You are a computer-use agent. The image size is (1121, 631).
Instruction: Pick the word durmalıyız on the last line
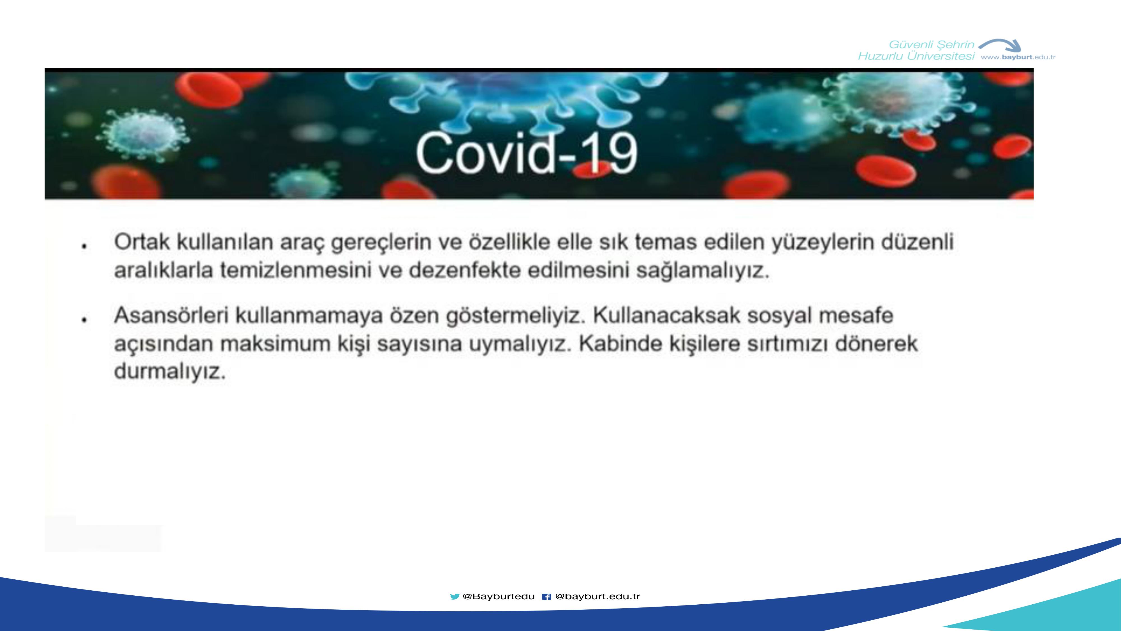point(170,372)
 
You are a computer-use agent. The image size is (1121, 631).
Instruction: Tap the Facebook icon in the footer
point(546,597)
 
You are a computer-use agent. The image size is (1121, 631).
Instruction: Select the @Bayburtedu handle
point(499,596)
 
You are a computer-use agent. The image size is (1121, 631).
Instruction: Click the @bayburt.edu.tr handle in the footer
point(597,596)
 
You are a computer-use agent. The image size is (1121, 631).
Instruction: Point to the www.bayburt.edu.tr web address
point(1018,57)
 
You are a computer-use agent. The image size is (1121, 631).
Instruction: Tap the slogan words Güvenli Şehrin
point(931,44)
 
